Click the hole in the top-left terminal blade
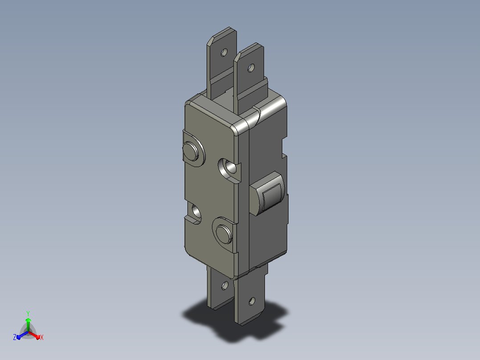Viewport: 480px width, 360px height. (224, 53)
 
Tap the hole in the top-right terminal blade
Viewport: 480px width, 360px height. (251, 68)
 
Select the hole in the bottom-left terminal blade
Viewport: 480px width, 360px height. (225, 286)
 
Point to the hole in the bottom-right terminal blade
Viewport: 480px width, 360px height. (252, 301)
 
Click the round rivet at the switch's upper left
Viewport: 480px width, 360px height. (191, 151)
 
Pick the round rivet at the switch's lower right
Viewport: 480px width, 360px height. (224, 234)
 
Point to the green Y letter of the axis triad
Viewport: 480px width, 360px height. (28, 313)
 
